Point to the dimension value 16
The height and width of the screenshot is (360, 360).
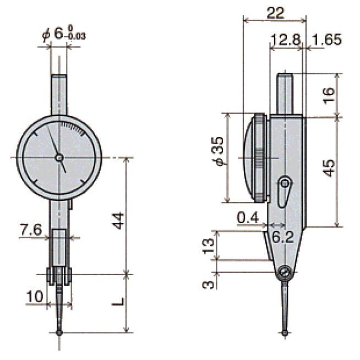click(329, 95)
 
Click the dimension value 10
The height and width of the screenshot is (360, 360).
click(34, 296)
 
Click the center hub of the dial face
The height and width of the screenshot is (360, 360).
click(59, 158)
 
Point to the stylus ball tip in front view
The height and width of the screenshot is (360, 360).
click(59, 332)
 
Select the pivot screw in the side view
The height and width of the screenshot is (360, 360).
click(285, 272)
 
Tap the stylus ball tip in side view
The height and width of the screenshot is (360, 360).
click(285, 331)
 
